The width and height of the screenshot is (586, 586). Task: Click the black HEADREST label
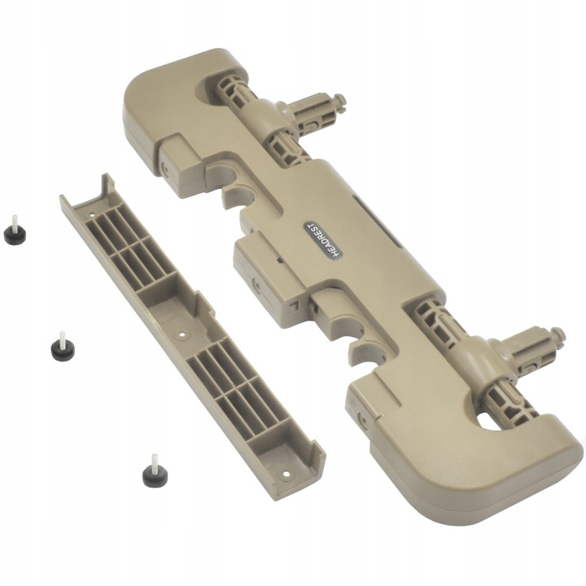(x=323, y=239)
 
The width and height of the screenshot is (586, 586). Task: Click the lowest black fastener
(x=155, y=471)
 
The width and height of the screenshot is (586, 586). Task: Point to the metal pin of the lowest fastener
(x=154, y=461)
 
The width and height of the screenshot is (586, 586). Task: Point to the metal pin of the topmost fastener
(x=14, y=221)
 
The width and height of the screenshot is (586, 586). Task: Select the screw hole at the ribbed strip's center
(x=182, y=335)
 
